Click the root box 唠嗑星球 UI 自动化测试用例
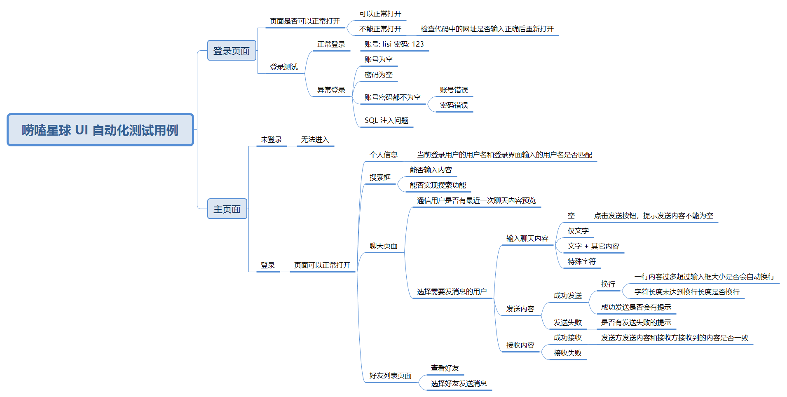click(x=100, y=130)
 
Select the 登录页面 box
click(x=232, y=51)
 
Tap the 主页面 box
click(x=227, y=209)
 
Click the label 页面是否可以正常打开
click(x=305, y=21)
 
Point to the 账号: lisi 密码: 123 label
click(x=394, y=44)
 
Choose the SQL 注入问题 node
click(x=386, y=120)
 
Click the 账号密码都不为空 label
click(x=392, y=97)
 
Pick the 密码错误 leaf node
click(x=454, y=105)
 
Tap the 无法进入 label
click(x=315, y=139)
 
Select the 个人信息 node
click(x=383, y=155)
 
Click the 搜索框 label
click(x=380, y=177)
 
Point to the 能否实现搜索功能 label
click(x=438, y=185)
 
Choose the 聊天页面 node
click(x=383, y=246)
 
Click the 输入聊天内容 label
click(x=527, y=238)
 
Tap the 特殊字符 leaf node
click(x=581, y=261)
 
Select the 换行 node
click(x=608, y=284)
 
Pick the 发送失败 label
click(x=567, y=322)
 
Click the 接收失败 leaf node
click(x=567, y=353)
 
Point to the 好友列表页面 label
click(x=390, y=376)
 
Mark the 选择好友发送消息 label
click(x=459, y=383)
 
